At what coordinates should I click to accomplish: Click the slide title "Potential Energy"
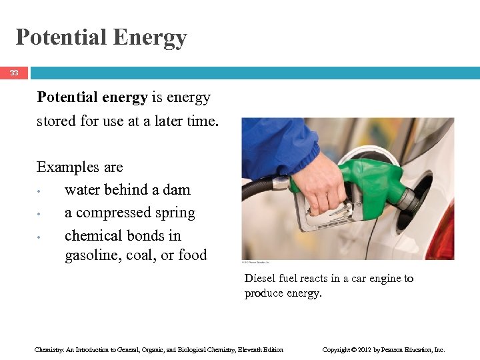click(101, 37)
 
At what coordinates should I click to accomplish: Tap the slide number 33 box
click(14, 73)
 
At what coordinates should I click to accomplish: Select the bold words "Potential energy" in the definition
click(92, 97)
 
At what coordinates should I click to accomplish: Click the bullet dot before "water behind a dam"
click(40, 191)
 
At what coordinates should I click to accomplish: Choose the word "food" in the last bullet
click(193, 255)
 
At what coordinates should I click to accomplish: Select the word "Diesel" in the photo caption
click(259, 279)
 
